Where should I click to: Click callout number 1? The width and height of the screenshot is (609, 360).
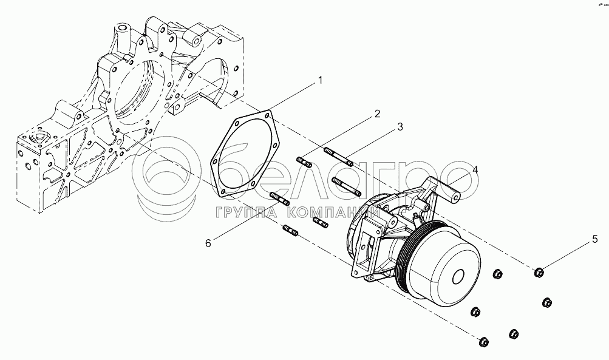click(320, 80)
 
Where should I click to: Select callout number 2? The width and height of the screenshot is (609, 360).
click(376, 114)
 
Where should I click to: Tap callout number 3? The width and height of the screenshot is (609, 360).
click(400, 127)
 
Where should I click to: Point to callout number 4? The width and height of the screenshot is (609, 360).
click(475, 170)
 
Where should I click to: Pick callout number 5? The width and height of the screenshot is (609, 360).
click(595, 240)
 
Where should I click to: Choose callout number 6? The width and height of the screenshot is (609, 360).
click(208, 243)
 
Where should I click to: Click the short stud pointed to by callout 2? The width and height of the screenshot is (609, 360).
click(305, 161)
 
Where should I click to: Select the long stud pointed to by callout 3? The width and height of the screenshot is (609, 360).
click(338, 157)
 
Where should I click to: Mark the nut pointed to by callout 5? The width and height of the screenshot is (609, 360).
click(539, 273)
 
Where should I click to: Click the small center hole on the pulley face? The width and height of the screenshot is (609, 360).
click(458, 276)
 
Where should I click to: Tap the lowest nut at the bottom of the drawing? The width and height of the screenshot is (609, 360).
click(484, 342)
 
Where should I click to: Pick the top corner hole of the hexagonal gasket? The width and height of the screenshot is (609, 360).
click(267, 116)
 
